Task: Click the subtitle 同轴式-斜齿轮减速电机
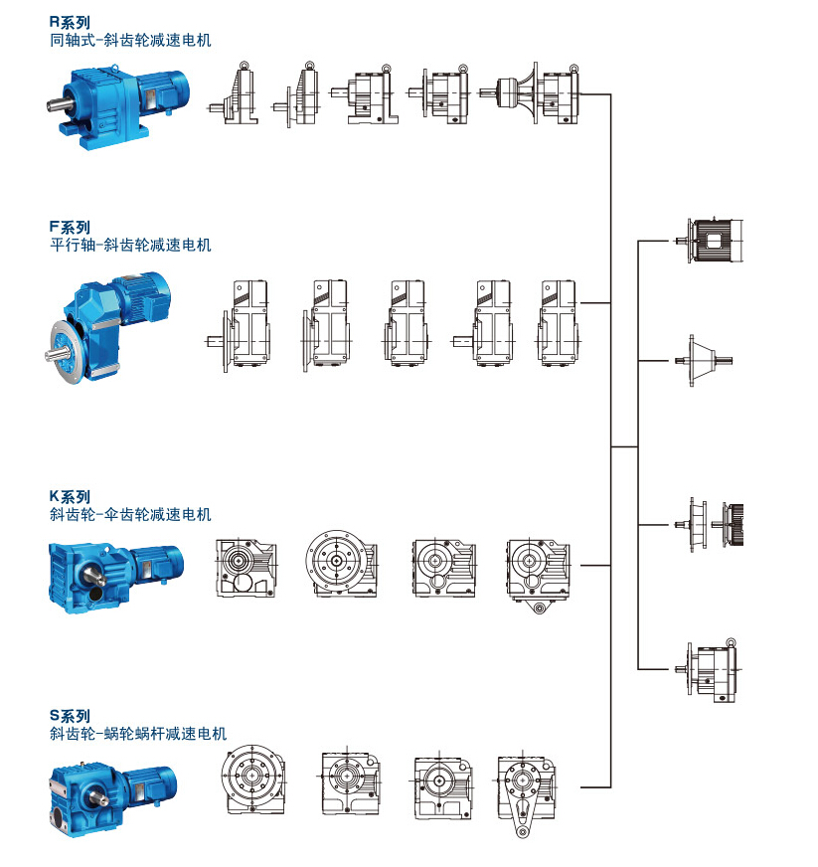pyautogui.click(x=130, y=40)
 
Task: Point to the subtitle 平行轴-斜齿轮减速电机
pyautogui.click(x=130, y=245)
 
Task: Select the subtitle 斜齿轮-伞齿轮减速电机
pyautogui.click(x=130, y=514)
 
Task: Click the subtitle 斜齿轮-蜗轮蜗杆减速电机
pyautogui.click(x=137, y=734)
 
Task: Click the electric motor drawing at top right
pyautogui.click(x=715, y=240)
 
